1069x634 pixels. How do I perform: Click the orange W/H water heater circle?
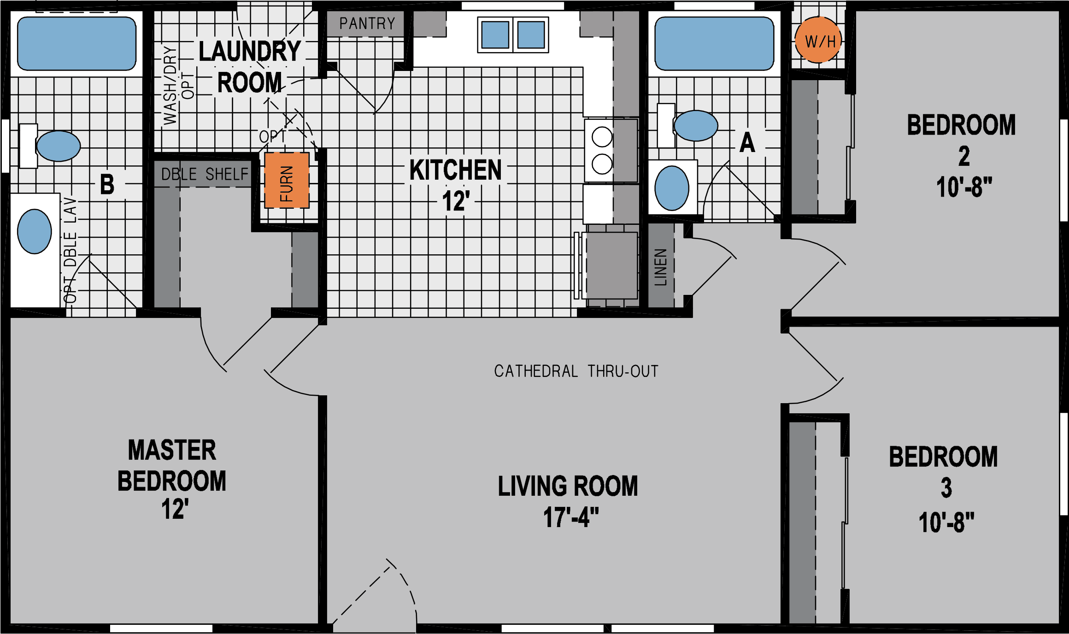[818, 41]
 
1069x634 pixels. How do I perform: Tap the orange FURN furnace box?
[287, 180]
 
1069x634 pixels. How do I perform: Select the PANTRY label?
[367, 23]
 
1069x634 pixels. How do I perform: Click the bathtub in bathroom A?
[714, 44]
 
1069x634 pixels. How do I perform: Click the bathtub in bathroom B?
[76, 44]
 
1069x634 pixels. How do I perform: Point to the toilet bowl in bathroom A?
[695, 125]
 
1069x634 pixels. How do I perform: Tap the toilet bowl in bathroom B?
[59, 146]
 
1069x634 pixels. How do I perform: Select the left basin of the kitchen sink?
[495, 35]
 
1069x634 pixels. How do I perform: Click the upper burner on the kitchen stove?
[602, 137]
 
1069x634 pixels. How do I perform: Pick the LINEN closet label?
[661, 267]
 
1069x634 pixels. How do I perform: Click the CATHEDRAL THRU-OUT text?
[576, 371]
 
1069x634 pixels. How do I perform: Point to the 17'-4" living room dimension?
[571, 517]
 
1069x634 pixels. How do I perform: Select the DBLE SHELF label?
[205, 174]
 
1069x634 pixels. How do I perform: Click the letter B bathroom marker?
[107, 185]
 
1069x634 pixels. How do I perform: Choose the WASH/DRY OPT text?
[178, 86]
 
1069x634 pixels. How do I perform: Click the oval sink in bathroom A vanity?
[671, 188]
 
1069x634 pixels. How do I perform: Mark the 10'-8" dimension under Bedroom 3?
[946, 523]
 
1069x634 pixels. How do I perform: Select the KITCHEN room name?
[455, 170]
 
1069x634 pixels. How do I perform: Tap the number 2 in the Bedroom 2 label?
[963, 157]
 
